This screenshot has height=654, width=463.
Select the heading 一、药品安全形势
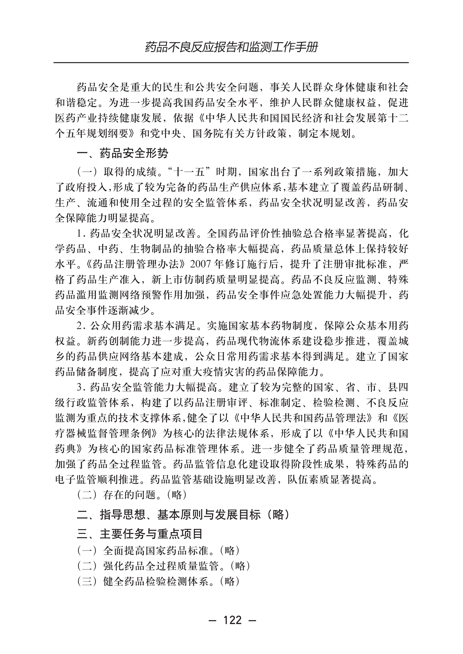click(122, 153)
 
